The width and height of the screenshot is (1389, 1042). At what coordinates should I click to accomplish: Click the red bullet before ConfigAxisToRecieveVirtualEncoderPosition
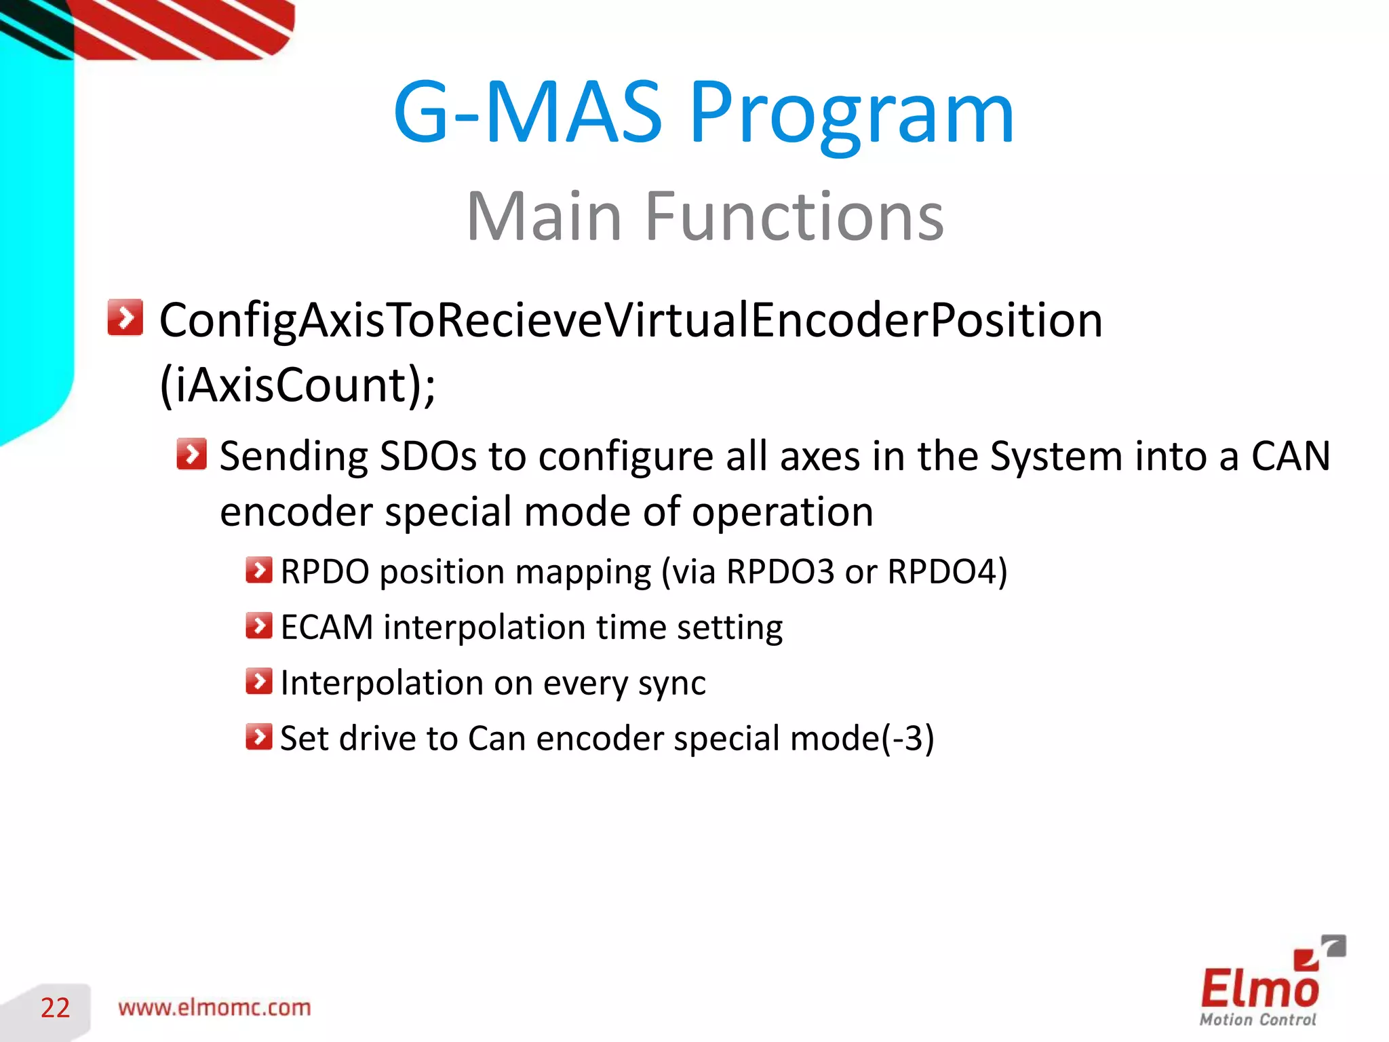pyautogui.click(x=125, y=317)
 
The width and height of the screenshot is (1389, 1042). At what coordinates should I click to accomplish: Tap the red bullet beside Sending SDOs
pyautogui.click(x=191, y=454)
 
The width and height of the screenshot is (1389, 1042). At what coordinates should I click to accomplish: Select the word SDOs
pyautogui.click(x=428, y=456)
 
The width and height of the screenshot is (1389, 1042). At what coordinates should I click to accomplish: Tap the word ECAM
pyautogui.click(x=326, y=628)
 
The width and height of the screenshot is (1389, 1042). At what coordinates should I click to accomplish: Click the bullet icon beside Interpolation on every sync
pyautogui.click(x=258, y=682)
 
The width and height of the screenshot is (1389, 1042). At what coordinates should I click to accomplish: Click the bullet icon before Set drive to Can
pyautogui.click(x=258, y=737)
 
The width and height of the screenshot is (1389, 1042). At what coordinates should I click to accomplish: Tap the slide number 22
pyautogui.click(x=55, y=1008)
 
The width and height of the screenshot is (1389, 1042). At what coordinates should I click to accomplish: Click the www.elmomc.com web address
pyautogui.click(x=214, y=1008)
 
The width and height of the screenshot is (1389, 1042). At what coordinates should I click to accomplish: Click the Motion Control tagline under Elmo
pyautogui.click(x=1257, y=1020)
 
